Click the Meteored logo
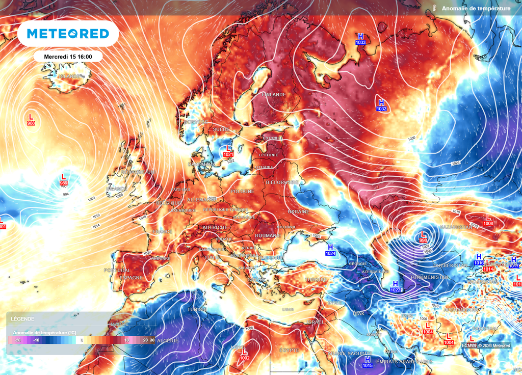pyautogui.click(x=68, y=34)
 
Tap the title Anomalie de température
pyautogui.click(x=476, y=9)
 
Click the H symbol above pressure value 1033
pyautogui.click(x=361, y=36)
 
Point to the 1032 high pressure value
pyautogui.click(x=381, y=109)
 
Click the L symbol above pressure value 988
pyautogui.click(x=31, y=117)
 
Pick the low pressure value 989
pyautogui.click(x=64, y=183)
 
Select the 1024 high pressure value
pyautogui.click(x=331, y=253)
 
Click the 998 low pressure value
pyautogui.click(x=423, y=240)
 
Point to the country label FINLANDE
pyautogui.click(x=273, y=95)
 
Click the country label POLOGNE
pyautogui.click(x=243, y=191)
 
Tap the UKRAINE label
pyautogui.click(x=298, y=211)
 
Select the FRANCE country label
pyautogui.click(x=163, y=231)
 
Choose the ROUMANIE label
pyautogui.click(x=268, y=235)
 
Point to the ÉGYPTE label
pyautogui.click(x=289, y=350)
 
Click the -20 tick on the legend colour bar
pyautogui.click(x=18, y=340)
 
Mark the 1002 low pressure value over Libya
pyautogui.click(x=245, y=358)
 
